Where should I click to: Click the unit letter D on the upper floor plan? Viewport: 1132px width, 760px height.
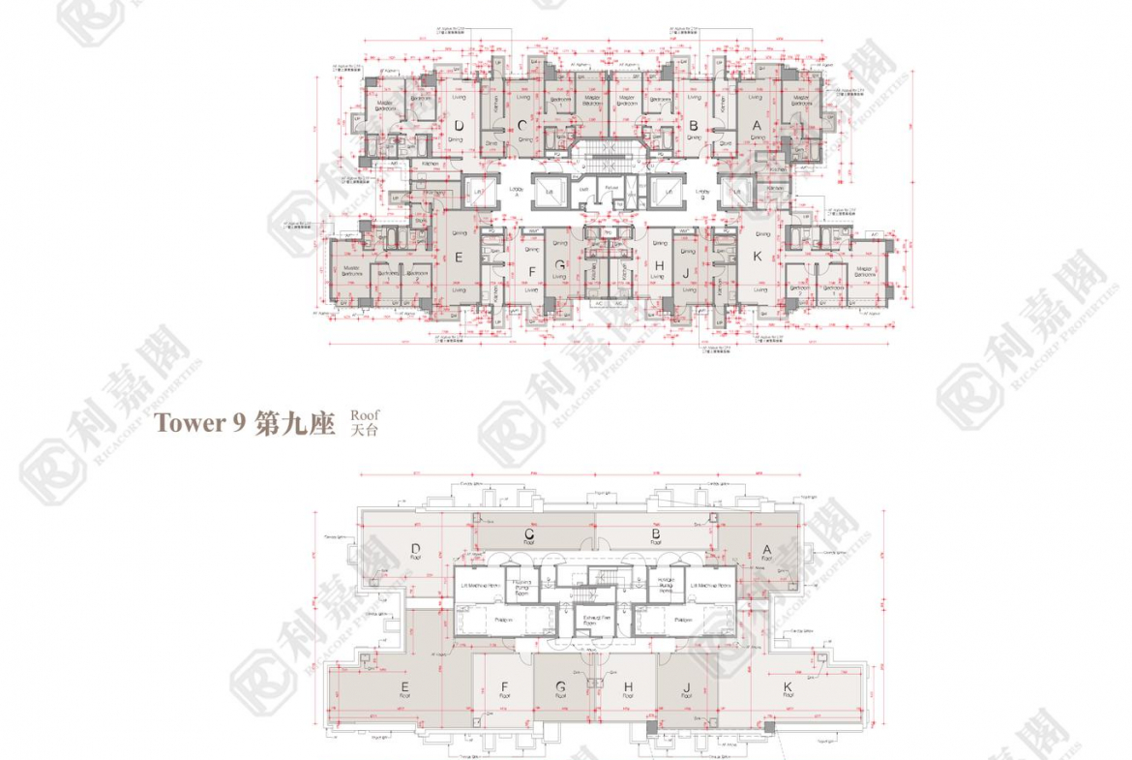pos(459,125)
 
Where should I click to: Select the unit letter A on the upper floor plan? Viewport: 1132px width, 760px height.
pos(757,125)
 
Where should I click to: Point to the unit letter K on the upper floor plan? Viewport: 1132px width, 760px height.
pos(758,257)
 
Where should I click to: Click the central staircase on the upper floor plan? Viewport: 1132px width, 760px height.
pos(608,160)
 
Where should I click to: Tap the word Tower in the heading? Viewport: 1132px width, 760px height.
pos(187,424)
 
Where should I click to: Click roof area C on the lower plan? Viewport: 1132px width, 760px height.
pos(529,535)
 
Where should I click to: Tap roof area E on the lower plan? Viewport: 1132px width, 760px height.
pos(403,689)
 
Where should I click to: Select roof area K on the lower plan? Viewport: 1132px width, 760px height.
pos(788,689)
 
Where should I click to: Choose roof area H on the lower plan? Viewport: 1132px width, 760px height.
pos(628,689)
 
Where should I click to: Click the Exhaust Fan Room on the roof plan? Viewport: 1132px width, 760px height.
pos(590,620)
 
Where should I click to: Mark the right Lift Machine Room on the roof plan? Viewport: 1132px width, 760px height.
pos(717,586)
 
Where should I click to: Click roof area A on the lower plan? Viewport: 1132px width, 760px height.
pos(766,551)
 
